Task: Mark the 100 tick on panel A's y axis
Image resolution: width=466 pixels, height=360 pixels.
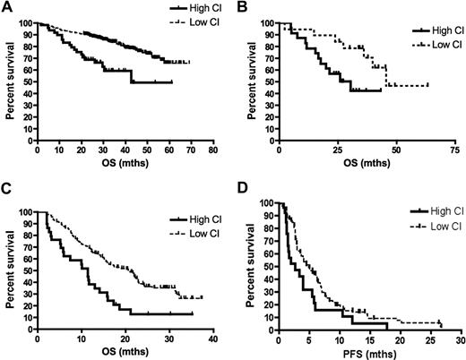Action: pos(26,22)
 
